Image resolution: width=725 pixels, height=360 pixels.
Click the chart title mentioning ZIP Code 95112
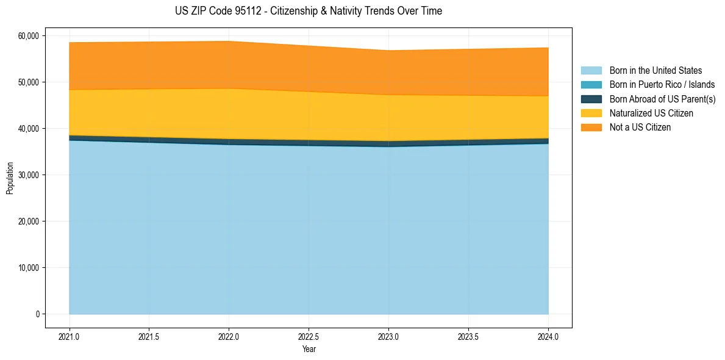308,11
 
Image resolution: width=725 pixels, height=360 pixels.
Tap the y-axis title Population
10,178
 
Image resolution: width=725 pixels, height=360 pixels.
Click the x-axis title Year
309,350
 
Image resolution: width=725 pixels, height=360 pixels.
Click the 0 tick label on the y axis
37,314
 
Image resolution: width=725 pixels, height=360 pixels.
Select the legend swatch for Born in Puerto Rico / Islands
591,85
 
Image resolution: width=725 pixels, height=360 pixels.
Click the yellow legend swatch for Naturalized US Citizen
591,113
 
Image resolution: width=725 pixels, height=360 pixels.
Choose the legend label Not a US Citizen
640,128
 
